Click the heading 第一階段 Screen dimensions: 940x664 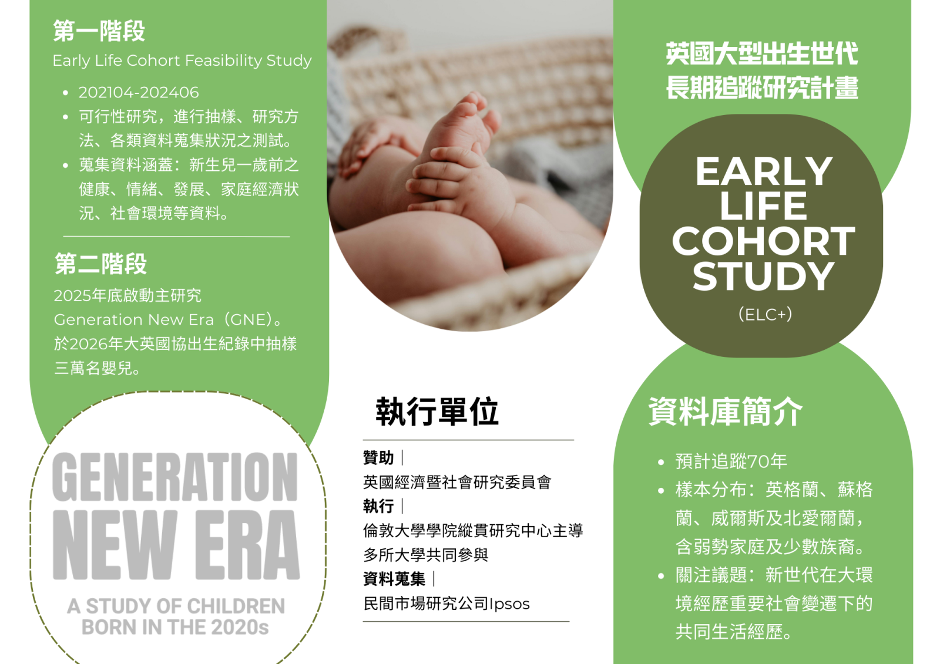coord(99,31)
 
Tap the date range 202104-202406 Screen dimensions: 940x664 coord(139,92)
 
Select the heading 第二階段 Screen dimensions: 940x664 coord(100,264)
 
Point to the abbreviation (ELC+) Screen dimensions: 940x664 coord(765,314)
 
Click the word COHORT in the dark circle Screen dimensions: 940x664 coord(763,241)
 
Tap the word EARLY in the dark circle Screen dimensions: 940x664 coord(764,171)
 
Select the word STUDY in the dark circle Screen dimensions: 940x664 coord(763,276)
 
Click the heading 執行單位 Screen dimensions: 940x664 coord(437,412)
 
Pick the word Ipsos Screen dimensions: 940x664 coord(509,604)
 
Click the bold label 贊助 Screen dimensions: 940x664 coord(378,457)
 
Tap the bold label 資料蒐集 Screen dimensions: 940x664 coord(394,579)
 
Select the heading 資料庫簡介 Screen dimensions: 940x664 coord(725,412)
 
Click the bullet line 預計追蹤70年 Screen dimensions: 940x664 coord(731,461)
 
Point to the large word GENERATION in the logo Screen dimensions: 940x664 coord(175,477)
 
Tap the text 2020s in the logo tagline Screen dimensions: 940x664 coord(240,627)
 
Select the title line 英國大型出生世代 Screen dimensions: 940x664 coord(762,53)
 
